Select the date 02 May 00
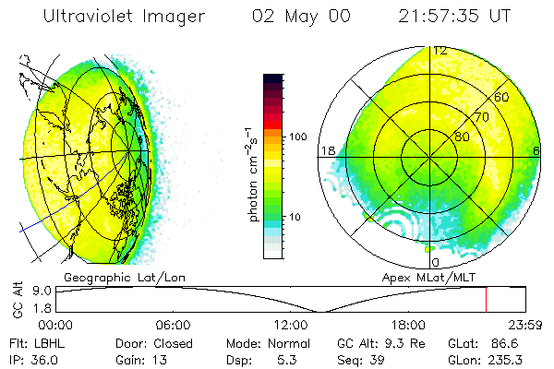(305, 18)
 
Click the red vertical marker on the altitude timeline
(487, 300)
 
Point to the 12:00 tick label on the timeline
(291, 325)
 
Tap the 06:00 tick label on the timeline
(173, 325)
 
